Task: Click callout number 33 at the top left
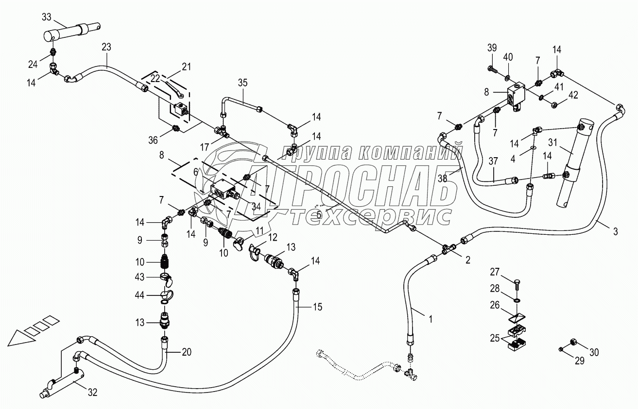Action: point(47,17)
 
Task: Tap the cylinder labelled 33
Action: point(73,32)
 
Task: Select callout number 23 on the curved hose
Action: point(106,47)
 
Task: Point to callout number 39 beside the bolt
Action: point(491,48)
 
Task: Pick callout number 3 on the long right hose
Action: point(615,231)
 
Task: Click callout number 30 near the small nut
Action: point(595,353)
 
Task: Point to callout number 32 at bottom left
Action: point(92,393)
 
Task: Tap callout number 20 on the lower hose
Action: point(186,353)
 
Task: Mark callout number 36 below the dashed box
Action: point(154,141)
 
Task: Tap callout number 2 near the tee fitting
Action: point(467,260)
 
